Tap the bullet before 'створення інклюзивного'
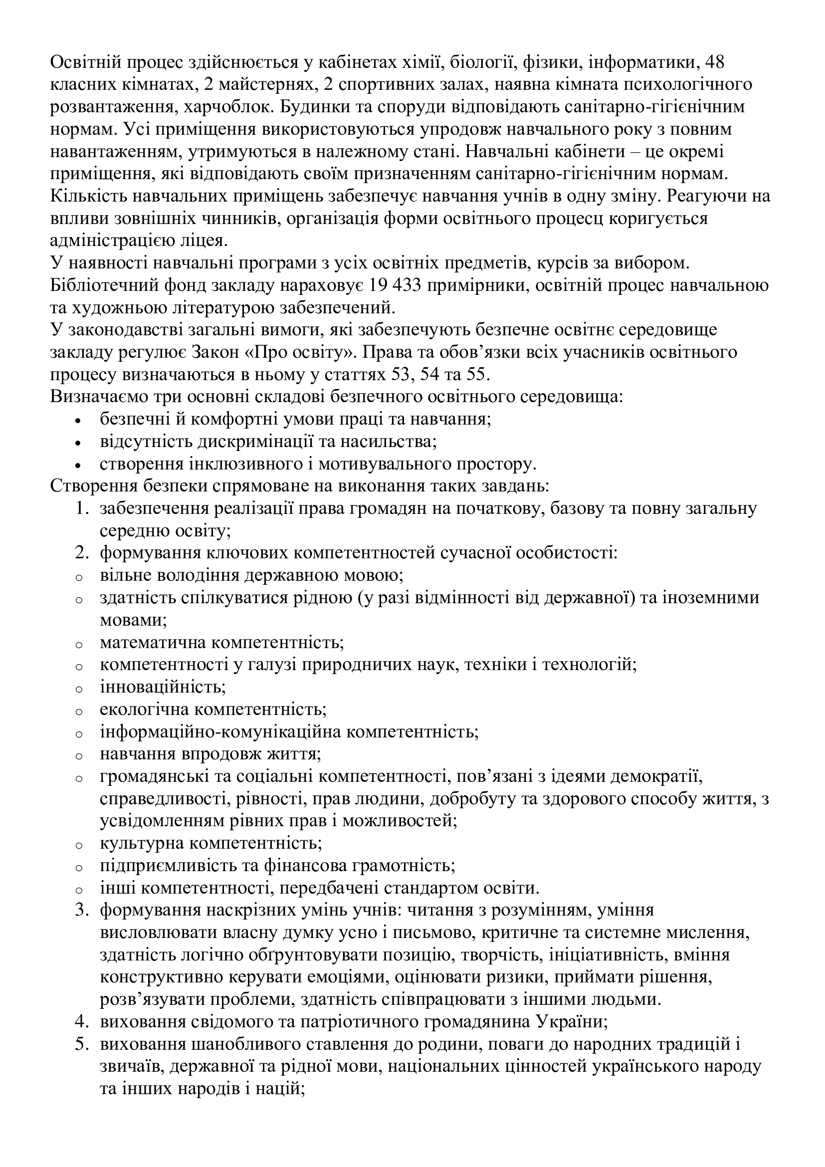pos(78,465)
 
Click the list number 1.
pos(81,508)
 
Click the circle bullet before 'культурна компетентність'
pos(78,845)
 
